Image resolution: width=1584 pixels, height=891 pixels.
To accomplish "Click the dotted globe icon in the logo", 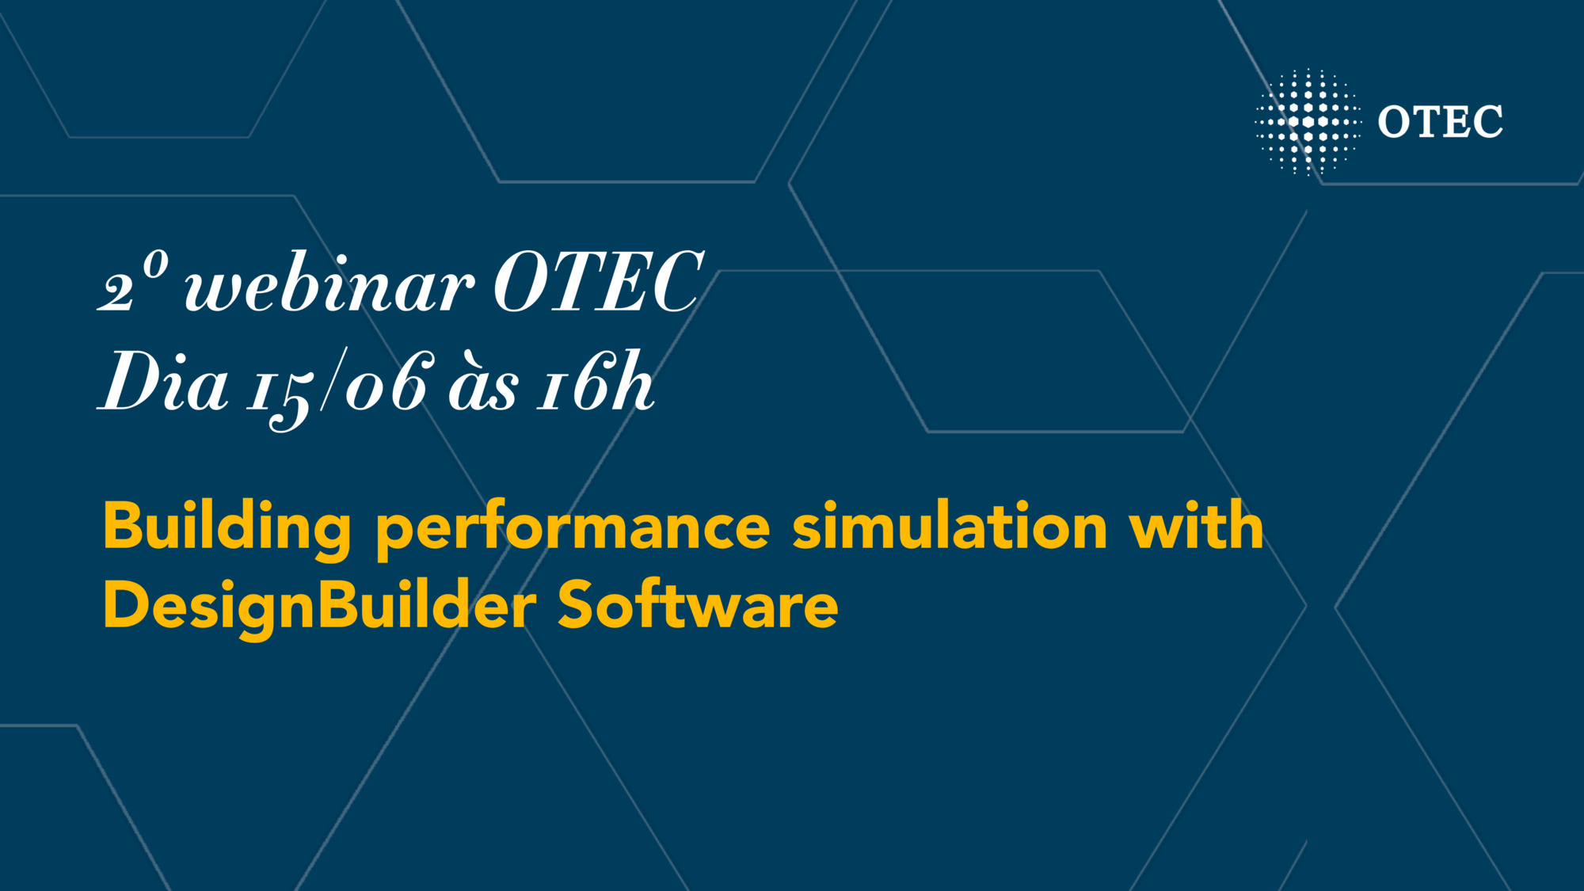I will tap(1308, 122).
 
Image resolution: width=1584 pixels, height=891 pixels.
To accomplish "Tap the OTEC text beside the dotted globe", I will tap(1440, 122).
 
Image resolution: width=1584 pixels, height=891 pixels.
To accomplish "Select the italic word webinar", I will tap(329, 285).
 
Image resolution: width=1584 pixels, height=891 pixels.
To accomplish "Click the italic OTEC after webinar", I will tap(598, 283).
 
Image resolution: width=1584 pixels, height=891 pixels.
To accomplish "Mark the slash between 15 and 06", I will tap(333, 380).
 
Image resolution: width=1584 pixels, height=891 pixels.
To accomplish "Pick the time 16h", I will tap(596, 383).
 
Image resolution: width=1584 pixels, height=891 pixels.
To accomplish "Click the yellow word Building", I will tap(227, 527).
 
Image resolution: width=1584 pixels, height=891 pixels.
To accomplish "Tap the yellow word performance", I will tap(572, 529).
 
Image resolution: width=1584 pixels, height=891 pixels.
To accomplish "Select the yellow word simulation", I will tap(950, 526).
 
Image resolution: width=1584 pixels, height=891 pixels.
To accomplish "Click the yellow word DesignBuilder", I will tap(319, 607).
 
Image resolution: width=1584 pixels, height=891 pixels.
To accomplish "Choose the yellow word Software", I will tap(698, 605).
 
